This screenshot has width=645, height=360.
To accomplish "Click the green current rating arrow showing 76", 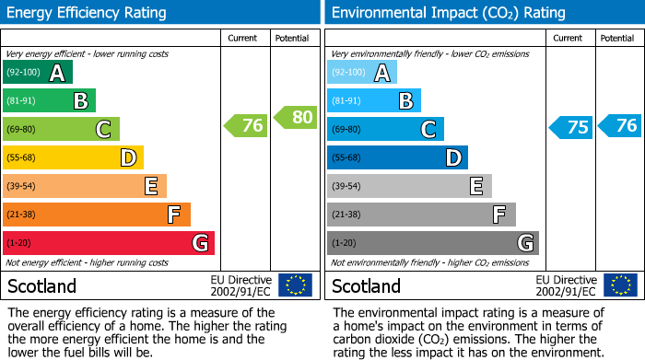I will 246,126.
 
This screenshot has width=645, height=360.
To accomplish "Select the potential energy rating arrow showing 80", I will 295,117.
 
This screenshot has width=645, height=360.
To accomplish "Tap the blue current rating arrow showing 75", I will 570,127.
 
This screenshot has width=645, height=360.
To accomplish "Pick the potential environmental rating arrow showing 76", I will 619,125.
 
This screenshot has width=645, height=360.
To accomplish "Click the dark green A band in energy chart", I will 38,73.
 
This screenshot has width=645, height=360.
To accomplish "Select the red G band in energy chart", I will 109,243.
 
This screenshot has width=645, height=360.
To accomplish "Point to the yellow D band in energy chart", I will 74,158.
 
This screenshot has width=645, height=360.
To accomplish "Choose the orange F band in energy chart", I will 97,215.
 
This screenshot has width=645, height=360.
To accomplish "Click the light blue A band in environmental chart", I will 362,73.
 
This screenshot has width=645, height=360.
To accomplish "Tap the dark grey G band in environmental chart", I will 432,243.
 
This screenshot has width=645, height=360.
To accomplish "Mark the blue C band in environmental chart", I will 385,130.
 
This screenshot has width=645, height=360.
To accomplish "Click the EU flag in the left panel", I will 295,285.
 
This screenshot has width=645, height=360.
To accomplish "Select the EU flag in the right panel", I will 619,285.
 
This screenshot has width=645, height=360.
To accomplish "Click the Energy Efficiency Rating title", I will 88,13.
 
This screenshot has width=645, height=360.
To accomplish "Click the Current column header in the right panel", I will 569,39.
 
